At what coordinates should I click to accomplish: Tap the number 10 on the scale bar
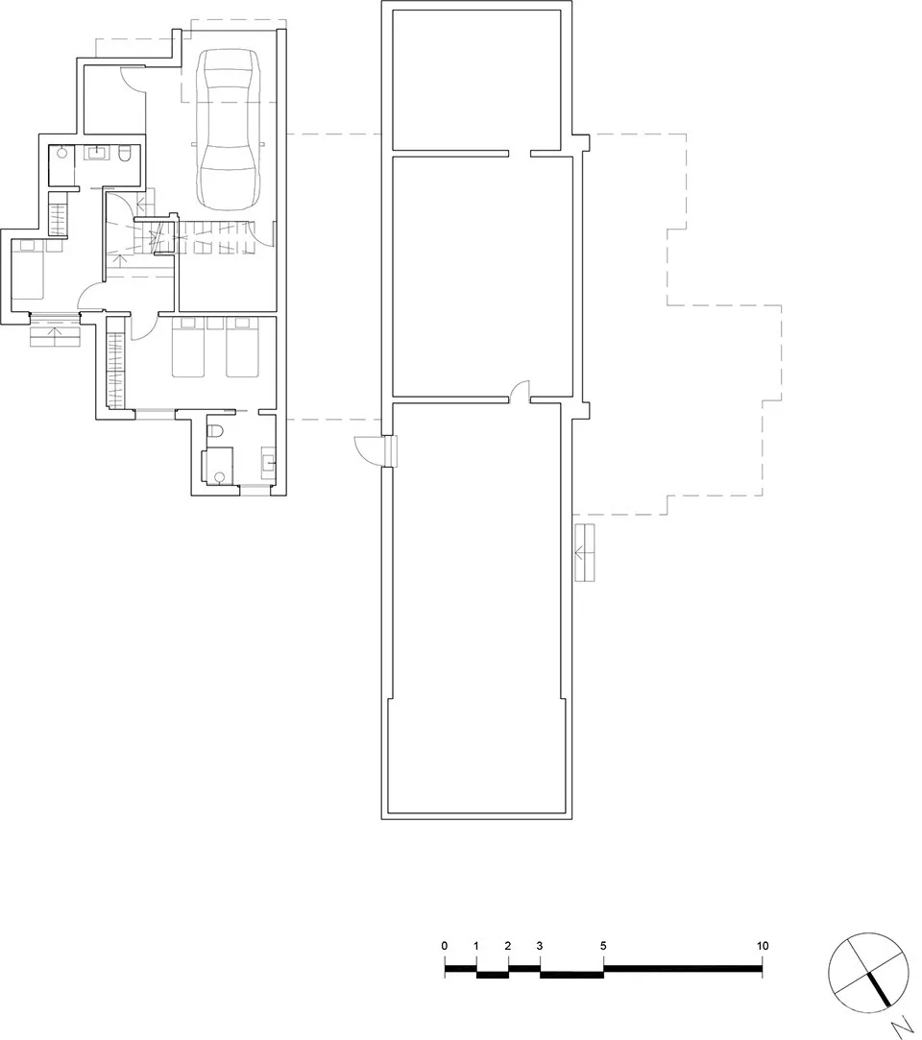pos(763,946)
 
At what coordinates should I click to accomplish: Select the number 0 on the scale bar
pos(445,946)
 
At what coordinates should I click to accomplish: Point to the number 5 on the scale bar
pos(603,946)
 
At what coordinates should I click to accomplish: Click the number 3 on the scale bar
pos(540,946)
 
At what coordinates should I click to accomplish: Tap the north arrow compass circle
pos(867,971)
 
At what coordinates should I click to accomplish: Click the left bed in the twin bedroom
pos(187,349)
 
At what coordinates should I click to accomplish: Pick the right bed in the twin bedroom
pos(241,349)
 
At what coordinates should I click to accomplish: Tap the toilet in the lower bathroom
pos(215,431)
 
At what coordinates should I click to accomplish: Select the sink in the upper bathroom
pos(100,152)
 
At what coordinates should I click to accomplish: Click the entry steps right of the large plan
pos(585,552)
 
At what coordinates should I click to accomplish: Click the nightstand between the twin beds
pos(214,325)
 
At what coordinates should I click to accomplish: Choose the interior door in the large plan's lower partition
pos(519,390)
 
